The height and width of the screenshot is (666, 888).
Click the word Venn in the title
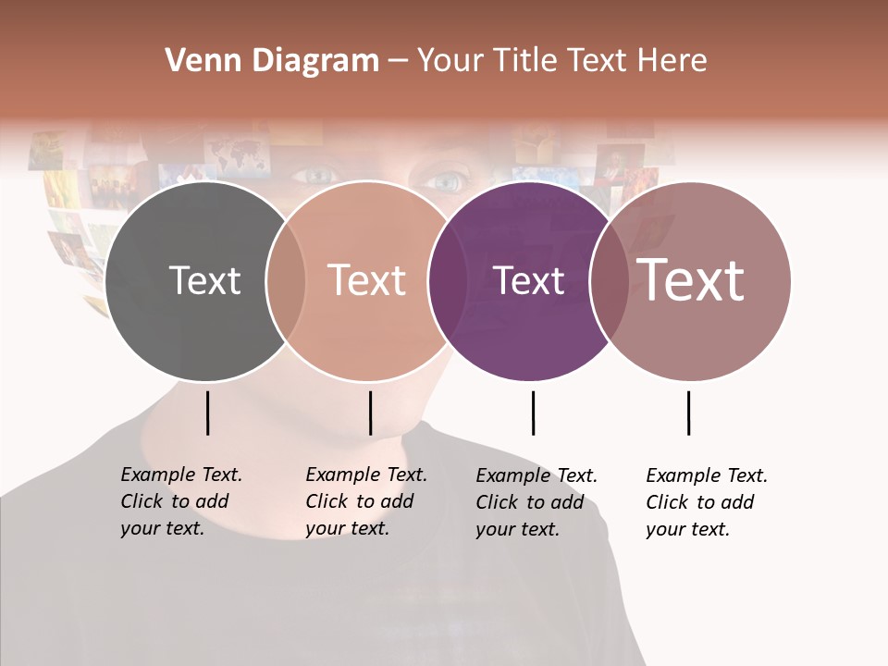tap(193, 61)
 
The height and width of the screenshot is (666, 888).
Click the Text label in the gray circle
tap(204, 280)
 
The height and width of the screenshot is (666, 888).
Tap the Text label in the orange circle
tap(367, 280)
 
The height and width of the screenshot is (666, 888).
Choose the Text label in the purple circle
tap(529, 280)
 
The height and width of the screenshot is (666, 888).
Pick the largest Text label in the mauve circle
tap(691, 279)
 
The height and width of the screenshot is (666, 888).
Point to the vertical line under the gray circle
tap(208, 413)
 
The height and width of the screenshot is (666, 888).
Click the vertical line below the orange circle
tap(370, 413)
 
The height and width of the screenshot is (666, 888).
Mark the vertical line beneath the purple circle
tap(533, 413)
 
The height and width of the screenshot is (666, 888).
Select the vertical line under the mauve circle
tap(688, 413)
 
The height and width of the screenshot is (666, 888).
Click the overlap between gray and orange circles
tap(286, 280)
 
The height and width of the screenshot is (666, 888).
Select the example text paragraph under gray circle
tap(181, 501)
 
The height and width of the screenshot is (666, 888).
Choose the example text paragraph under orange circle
tap(366, 501)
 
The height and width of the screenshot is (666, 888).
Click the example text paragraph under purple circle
tap(536, 502)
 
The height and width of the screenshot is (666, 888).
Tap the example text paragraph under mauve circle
tap(707, 502)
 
